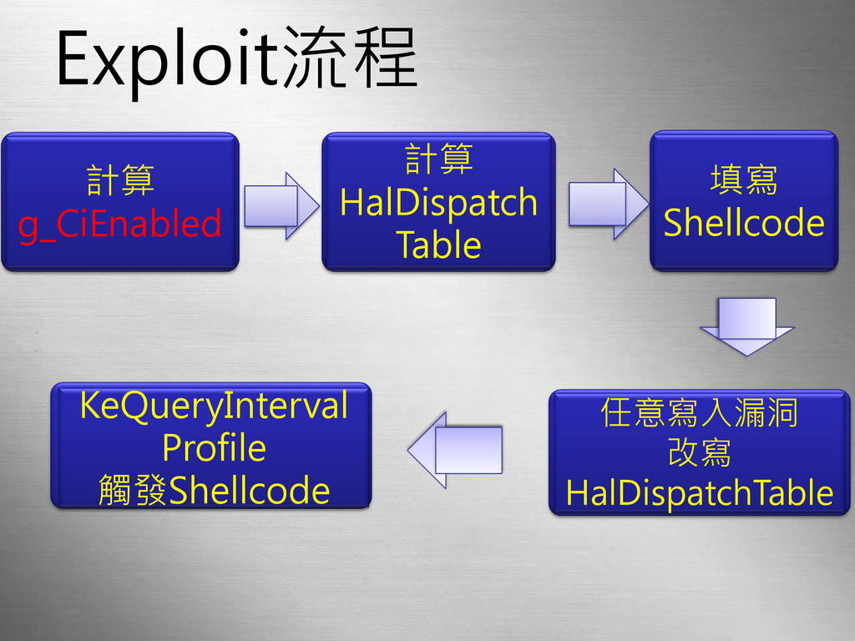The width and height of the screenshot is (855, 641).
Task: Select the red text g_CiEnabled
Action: pos(120,224)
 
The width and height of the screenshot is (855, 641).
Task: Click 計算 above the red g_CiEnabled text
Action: pos(120,180)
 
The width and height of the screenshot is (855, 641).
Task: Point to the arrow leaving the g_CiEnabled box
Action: pos(281,205)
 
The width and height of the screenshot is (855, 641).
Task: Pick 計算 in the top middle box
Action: pos(439,159)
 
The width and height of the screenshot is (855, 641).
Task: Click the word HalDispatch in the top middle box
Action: pos(439,202)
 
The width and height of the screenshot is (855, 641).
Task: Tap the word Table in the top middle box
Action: pos(439,245)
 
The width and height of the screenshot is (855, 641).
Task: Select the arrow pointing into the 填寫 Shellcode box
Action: pos(608,204)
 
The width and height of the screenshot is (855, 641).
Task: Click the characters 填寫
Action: pos(743,180)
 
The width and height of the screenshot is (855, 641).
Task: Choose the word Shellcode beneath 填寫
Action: pos(743,224)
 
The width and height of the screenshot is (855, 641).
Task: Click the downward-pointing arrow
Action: pos(746,326)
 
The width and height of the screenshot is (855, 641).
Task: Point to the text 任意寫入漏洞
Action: pos(700,412)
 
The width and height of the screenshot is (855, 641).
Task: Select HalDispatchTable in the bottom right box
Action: pos(700,493)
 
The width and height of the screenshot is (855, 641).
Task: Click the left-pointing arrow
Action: pos(455,450)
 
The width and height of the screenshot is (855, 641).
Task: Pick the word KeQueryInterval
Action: pos(213,406)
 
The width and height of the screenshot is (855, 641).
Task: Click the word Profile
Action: pos(213,448)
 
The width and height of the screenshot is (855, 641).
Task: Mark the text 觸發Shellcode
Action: pos(213,490)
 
